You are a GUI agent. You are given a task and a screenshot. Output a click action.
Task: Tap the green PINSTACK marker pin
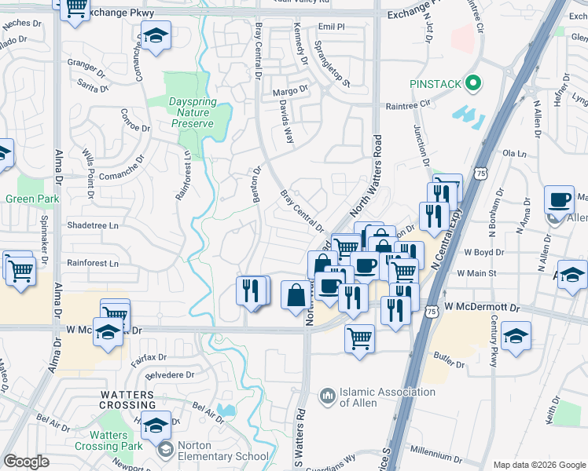point(472,82)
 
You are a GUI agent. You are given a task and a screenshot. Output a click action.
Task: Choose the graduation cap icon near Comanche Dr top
point(156,35)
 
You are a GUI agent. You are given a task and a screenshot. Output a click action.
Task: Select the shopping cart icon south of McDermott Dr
point(359,339)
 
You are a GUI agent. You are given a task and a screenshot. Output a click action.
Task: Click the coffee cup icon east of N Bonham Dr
point(559,199)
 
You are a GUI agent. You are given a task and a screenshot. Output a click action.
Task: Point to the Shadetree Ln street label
point(92,225)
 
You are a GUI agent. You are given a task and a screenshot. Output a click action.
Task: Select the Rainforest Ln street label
point(92,263)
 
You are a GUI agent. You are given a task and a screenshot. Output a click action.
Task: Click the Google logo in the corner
point(26,462)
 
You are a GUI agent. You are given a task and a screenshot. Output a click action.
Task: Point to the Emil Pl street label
point(332,27)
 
